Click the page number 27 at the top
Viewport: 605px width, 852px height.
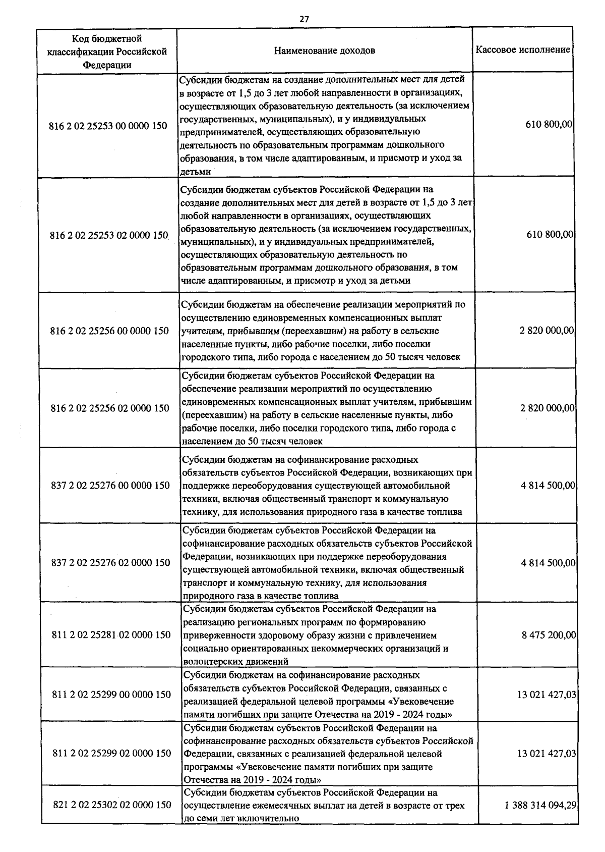(x=304, y=19)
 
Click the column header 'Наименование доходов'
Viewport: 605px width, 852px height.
(x=325, y=51)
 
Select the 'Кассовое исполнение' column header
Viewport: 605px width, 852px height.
(x=523, y=49)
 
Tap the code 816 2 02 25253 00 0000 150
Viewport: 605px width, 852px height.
(x=108, y=126)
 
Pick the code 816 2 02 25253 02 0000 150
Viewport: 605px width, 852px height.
(x=109, y=235)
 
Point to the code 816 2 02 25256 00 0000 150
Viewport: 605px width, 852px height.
(x=109, y=331)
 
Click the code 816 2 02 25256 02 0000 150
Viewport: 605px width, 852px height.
(x=110, y=408)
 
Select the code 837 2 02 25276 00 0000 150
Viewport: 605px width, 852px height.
(x=110, y=486)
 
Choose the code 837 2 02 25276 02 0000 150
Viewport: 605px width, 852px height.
(x=111, y=563)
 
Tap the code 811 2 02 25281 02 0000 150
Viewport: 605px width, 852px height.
(x=111, y=635)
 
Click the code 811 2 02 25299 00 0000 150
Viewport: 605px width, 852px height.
(x=111, y=695)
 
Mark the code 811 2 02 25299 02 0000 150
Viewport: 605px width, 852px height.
(x=112, y=754)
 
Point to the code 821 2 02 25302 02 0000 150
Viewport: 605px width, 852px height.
(x=112, y=805)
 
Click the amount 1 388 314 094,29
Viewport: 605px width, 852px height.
(x=540, y=805)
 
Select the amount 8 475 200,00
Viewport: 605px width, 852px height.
(x=549, y=635)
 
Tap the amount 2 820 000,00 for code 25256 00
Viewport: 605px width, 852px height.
(x=547, y=331)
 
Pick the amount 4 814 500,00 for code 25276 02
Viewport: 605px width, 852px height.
(x=548, y=563)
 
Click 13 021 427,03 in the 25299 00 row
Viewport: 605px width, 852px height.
(x=547, y=695)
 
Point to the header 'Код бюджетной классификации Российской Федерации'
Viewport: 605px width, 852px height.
(x=107, y=51)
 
